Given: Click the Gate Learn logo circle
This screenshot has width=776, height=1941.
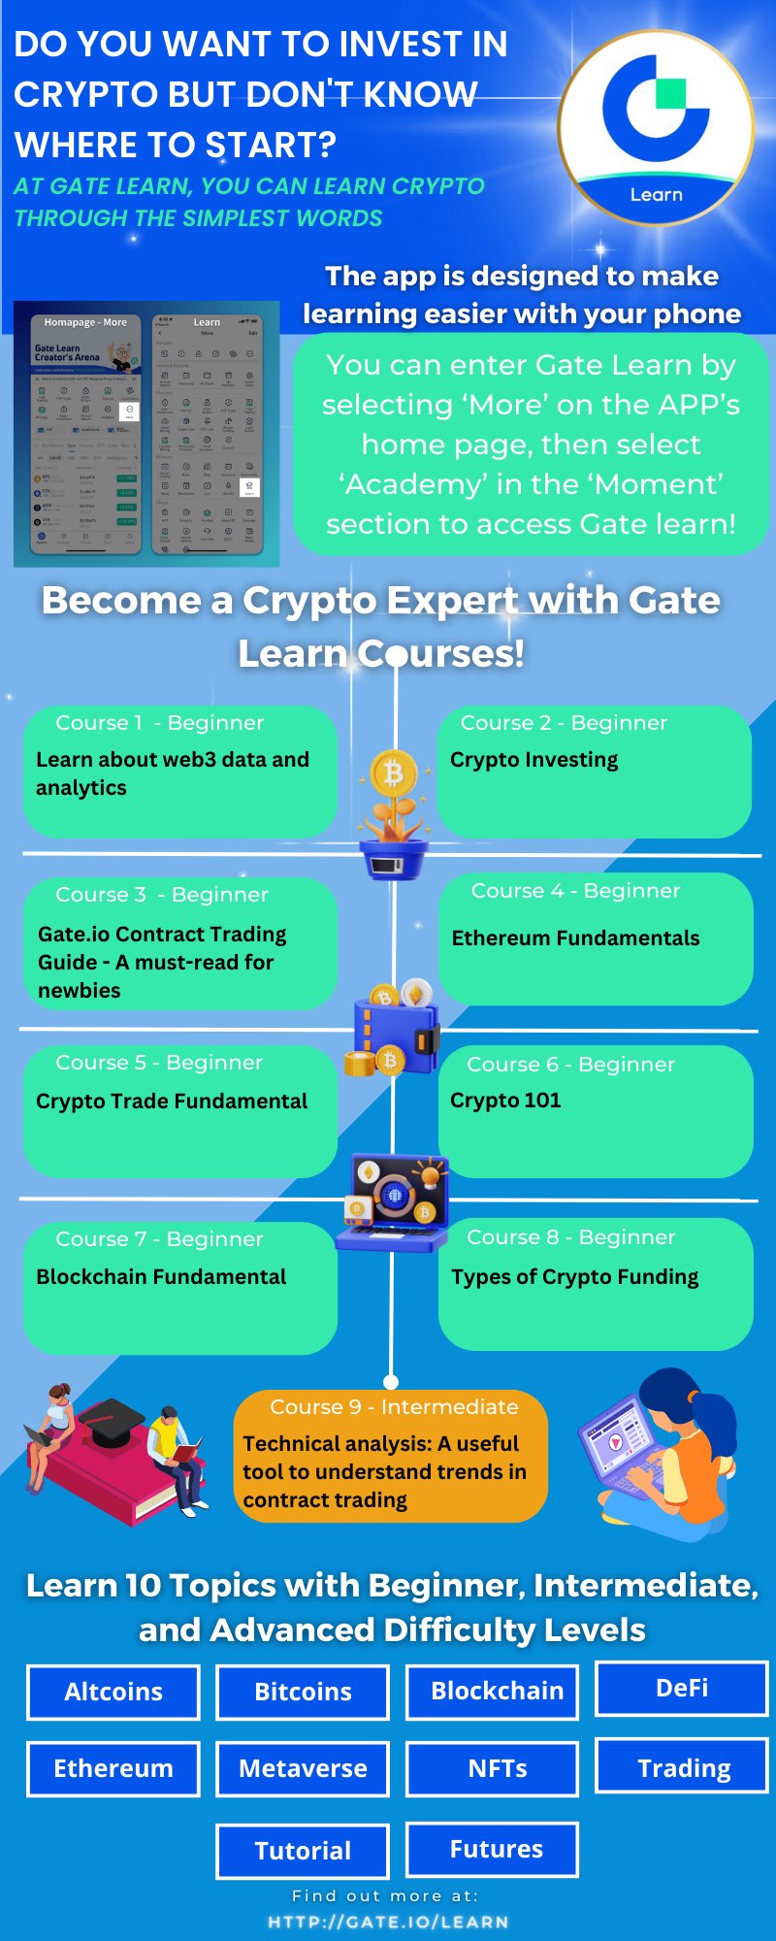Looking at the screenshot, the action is (x=656, y=126).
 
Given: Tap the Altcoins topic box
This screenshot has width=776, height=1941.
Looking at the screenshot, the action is (x=113, y=1692).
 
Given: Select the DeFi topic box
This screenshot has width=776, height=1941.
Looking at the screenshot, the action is (x=682, y=1689).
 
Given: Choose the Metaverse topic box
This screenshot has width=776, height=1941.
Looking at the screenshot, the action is (x=303, y=1768).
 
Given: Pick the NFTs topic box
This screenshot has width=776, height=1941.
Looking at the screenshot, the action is (x=493, y=1768).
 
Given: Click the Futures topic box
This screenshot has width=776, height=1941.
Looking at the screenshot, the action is (x=493, y=1849).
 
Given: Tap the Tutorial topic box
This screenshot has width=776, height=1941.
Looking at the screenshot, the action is (x=303, y=1851).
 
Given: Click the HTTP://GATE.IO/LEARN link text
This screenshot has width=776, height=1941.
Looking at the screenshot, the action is (x=388, y=1922).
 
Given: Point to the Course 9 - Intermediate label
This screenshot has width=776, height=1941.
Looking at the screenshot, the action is (x=394, y=1407).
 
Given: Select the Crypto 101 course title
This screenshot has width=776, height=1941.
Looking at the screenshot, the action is (x=505, y=1101).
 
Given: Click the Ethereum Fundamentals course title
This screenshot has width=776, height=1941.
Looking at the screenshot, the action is (x=575, y=938).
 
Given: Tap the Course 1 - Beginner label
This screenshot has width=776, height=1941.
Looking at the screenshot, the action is (x=159, y=723).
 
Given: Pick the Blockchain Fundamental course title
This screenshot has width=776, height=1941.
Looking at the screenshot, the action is (x=161, y=1277).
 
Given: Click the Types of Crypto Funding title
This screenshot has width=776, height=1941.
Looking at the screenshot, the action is (x=574, y=1277).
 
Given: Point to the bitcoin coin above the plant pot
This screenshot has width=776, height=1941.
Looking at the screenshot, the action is (x=394, y=774).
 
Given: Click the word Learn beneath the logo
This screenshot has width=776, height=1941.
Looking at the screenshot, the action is (x=657, y=195).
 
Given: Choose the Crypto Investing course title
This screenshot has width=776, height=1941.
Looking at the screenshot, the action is (x=533, y=760).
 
